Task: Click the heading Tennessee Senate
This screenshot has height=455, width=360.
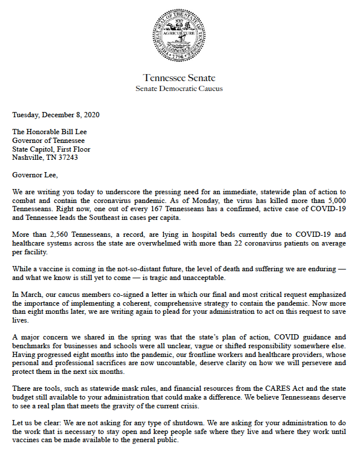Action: coord(179,78)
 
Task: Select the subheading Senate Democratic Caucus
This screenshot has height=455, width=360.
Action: coord(179,89)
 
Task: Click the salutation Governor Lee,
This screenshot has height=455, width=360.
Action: coord(36,174)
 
